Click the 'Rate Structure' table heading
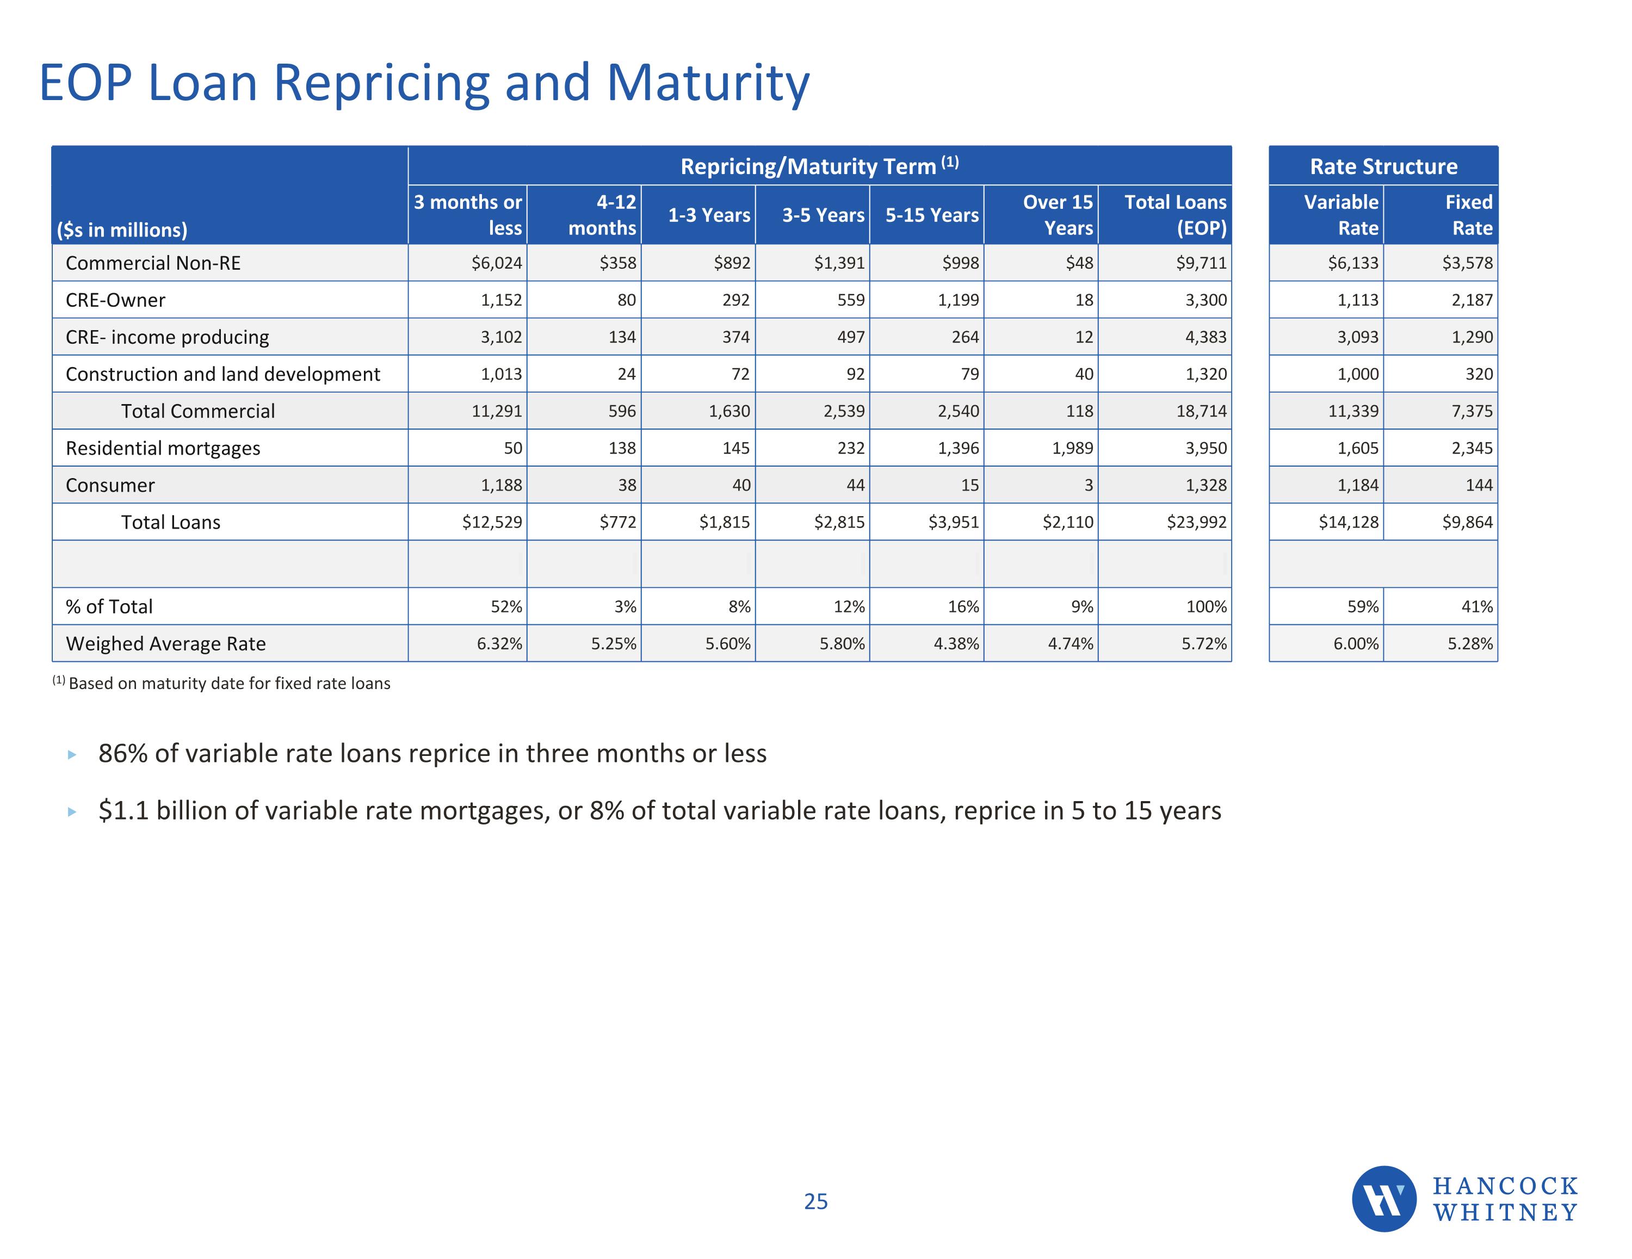(1383, 166)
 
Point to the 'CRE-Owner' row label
(115, 300)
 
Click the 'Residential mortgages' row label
(163, 448)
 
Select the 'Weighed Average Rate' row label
(165, 643)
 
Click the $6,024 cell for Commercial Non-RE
(496, 263)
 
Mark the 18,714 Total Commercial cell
(1202, 411)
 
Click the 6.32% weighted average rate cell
(499, 643)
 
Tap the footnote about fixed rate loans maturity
(221, 683)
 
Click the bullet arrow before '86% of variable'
(72, 755)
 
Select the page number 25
(816, 1201)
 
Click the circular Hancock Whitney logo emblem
(1384, 1199)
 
